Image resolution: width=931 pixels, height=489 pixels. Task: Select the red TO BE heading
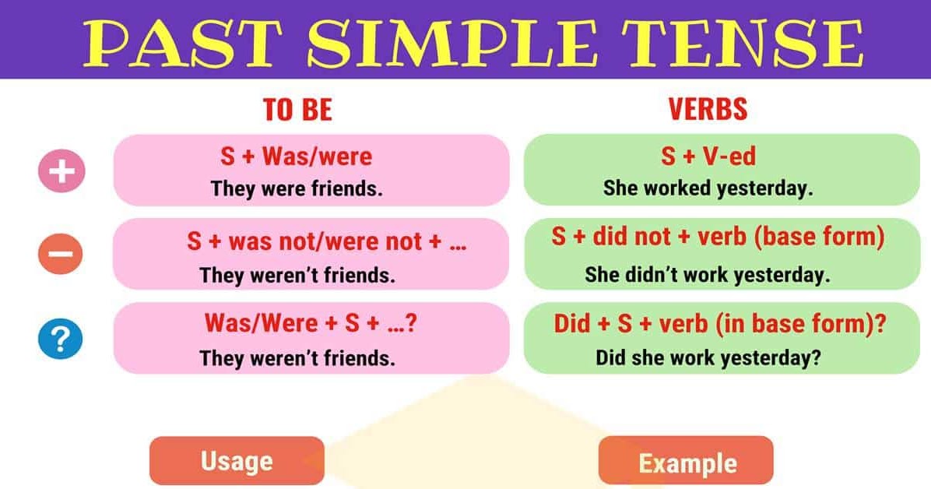298,110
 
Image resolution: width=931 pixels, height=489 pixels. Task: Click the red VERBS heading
708,110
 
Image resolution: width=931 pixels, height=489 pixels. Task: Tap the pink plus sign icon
61,171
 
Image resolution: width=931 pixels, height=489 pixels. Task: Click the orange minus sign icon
61,253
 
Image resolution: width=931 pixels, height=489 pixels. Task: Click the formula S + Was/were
296,157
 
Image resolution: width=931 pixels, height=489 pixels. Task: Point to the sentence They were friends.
297,189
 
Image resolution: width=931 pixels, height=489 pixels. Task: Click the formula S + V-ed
708,157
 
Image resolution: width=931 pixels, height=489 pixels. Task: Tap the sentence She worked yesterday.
708,189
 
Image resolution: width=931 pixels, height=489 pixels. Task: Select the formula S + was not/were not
326,241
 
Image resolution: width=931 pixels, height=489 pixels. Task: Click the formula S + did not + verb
718,237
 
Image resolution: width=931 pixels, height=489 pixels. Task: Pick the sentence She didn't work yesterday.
708,275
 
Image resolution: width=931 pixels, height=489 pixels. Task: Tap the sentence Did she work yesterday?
709,358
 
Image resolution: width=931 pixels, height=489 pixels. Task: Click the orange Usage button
237,461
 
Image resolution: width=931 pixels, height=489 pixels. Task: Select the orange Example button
687,463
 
